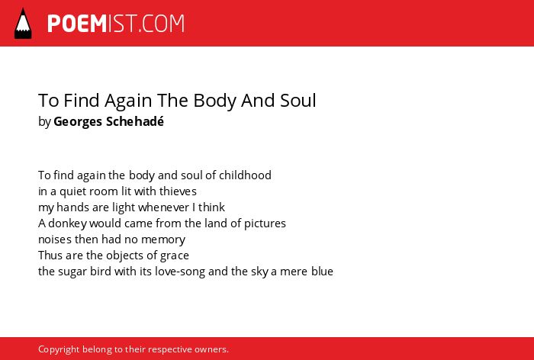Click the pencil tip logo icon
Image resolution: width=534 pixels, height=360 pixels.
coord(23,23)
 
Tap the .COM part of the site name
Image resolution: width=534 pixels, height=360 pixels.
coord(162,24)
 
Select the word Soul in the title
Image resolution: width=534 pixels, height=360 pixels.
coord(298,100)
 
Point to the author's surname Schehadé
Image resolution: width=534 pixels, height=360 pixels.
coord(135,121)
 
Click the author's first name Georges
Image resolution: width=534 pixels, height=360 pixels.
coord(79,122)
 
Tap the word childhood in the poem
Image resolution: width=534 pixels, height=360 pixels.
coord(245,175)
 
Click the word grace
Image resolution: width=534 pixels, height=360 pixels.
coord(175,256)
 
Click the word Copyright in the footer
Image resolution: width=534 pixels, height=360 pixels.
coord(59,349)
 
